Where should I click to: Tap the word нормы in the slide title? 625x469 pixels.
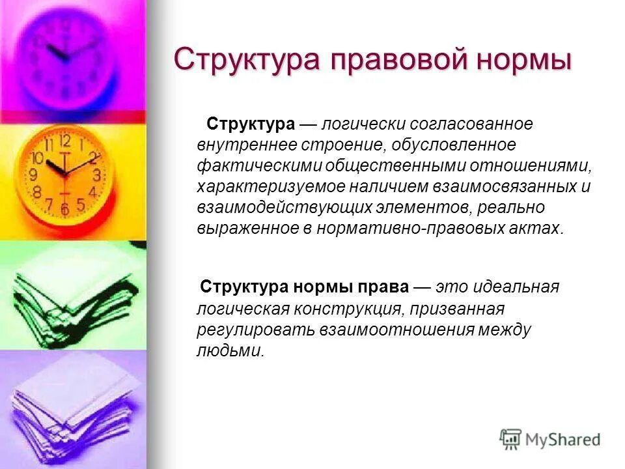coord(526,60)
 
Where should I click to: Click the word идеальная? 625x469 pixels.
coord(518,287)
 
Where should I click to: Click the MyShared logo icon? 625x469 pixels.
coord(511,439)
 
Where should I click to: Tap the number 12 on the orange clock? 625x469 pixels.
coord(64,141)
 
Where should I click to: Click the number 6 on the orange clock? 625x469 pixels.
coord(64,209)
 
